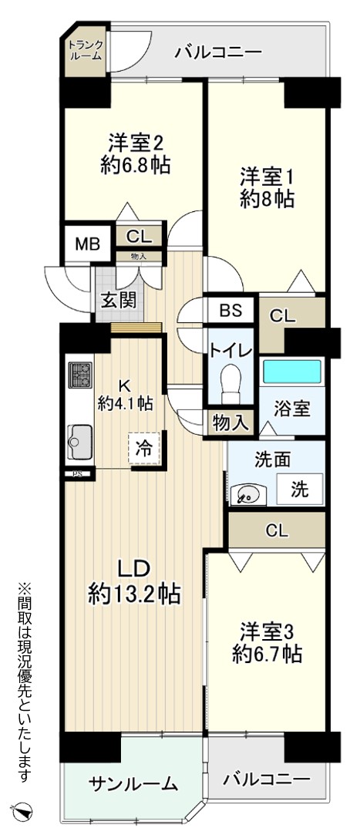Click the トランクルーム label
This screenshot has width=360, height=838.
pos(85,49)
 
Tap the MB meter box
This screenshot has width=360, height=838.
pos(88,244)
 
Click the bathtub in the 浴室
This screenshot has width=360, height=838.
pos(291,371)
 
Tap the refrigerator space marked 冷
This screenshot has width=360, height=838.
pos(143,448)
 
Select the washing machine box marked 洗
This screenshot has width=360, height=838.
pos(301,489)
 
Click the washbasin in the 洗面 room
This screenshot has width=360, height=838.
pos(248,494)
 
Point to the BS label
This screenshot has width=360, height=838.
pos(230,309)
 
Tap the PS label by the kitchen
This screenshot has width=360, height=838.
pos(78,473)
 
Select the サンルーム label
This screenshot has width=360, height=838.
pos(133,784)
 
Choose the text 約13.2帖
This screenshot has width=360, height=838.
pos(134,593)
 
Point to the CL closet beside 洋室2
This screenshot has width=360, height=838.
pos(138,235)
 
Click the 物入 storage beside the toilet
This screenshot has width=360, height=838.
pos(230,422)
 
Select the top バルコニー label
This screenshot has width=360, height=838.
pos(219,52)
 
